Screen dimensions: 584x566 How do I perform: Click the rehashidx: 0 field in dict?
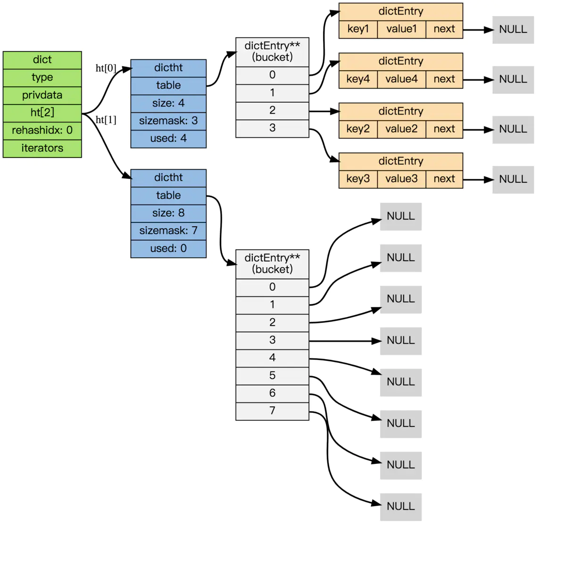[x=42, y=131]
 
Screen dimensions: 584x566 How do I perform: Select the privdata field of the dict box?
[x=42, y=95]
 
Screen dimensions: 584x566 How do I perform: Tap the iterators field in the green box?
[x=42, y=148]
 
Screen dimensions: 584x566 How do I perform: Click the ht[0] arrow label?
[x=106, y=68]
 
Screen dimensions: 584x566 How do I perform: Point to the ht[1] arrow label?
[x=106, y=120]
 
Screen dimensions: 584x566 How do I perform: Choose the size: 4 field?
[x=168, y=103]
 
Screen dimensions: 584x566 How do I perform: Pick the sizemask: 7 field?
[x=168, y=230]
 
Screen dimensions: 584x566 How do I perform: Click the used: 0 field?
[x=168, y=248]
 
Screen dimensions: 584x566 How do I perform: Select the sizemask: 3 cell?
[x=168, y=121]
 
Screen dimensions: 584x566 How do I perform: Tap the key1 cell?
[x=358, y=29]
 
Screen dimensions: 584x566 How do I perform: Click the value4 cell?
[x=401, y=79]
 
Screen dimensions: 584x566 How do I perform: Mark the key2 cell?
[x=358, y=129]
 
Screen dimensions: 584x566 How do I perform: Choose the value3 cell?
[x=401, y=179]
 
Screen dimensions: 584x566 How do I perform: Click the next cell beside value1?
[x=444, y=29]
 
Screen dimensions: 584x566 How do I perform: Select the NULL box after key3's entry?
[x=513, y=180]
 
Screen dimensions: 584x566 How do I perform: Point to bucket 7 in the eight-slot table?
[x=272, y=411]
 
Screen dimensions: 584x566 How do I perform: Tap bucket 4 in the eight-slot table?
[x=272, y=358]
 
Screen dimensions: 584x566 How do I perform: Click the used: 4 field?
[x=168, y=139]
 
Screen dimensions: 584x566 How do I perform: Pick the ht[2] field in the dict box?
[x=42, y=113]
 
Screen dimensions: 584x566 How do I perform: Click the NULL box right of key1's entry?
[x=513, y=30]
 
